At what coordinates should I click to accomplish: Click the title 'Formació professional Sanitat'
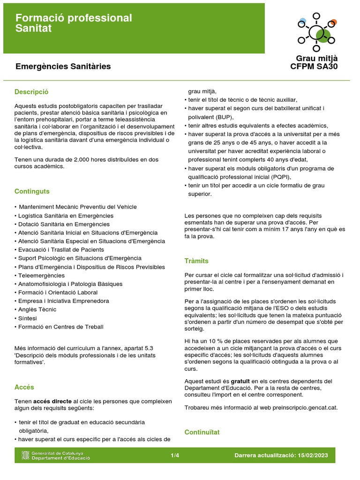click(x=74, y=23)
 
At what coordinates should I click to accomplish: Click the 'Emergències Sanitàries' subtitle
click(x=63, y=67)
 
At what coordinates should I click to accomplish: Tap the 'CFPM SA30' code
click(x=314, y=67)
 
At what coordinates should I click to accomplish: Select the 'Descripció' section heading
click(x=31, y=92)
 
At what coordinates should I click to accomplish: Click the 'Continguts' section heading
click(x=32, y=191)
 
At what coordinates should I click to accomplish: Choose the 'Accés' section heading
click(x=24, y=387)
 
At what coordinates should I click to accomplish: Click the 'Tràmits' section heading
click(x=196, y=261)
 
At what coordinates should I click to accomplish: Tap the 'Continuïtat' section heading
click(x=202, y=432)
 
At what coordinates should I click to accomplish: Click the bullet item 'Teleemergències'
click(x=41, y=276)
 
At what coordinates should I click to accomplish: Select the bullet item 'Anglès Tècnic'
click(x=37, y=309)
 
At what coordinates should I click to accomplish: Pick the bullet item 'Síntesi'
click(x=28, y=318)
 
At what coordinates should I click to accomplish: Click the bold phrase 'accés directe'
click(x=52, y=402)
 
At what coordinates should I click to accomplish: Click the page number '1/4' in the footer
click(x=175, y=455)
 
